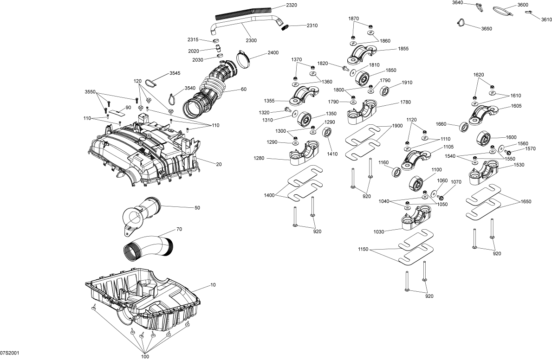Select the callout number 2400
(273, 53)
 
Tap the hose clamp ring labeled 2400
(246, 59)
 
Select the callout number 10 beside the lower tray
(213, 285)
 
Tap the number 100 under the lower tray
(145, 356)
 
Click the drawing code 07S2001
(10, 353)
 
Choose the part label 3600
(523, 5)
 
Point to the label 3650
(487, 29)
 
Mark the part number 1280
(259, 159)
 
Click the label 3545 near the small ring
(175, 73)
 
